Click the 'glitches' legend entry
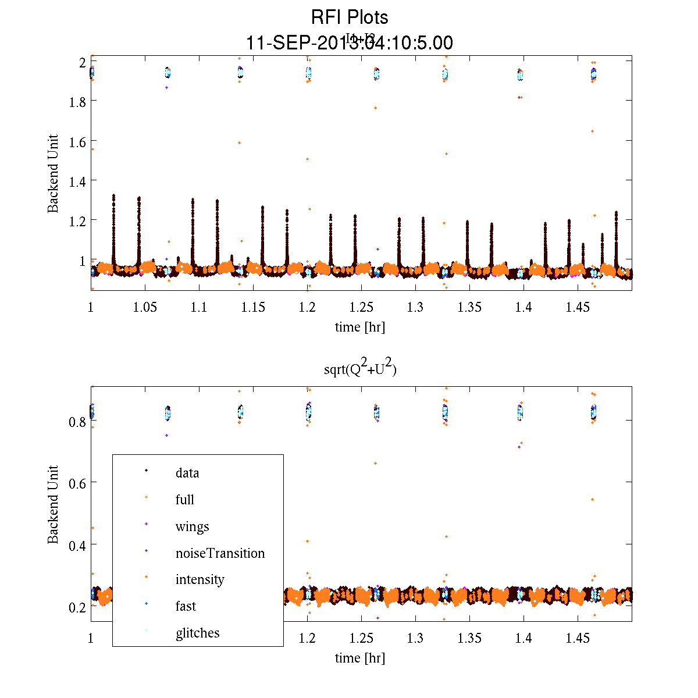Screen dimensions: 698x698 [x=197, y=633]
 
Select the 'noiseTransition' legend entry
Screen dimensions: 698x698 [x=220, y=553]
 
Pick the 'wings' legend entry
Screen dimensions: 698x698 [x=192, y=527]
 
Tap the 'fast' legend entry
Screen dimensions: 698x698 [x=186, y=606]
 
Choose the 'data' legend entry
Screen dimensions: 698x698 [x=187, y=473]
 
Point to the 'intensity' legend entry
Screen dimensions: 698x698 [x=200, y=579]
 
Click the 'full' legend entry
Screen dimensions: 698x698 [x=184, y=500]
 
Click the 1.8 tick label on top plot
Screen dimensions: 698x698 [x=76, y=102]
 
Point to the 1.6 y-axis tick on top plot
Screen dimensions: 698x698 [x=76, y=141]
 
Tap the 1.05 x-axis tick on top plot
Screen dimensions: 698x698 [x=145, y=307]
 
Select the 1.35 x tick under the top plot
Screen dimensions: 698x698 [x=469, y=307]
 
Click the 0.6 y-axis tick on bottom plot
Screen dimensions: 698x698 [x=76, y=483]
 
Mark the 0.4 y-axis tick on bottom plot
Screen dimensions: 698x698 [x=76, y=545]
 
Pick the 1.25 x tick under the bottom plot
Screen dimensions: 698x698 [x=361, y=639]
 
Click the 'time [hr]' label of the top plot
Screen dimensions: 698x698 [x=360, y=327]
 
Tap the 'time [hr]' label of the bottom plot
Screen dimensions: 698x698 [x=360, y=658]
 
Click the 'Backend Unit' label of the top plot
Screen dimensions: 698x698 [x=54, y=173]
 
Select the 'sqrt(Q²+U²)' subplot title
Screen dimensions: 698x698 [x=360, y=369]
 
